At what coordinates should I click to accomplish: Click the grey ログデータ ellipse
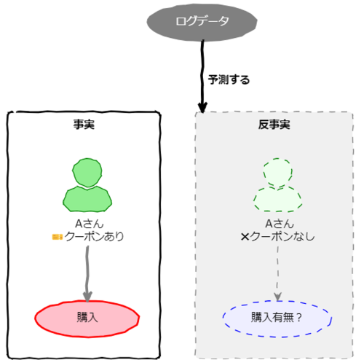click(202, 22)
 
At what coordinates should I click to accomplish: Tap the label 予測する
click(229, 79)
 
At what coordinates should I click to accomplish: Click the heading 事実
click(84, 125)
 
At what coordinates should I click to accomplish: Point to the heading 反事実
click(274, 125)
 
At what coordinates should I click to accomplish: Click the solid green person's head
click(87, 173)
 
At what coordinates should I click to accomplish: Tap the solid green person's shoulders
click(87, 199)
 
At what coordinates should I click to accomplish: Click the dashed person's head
click(278, 173)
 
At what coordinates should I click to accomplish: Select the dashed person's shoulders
click(277, 199)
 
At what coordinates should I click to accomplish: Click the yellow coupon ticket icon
click(58, 237)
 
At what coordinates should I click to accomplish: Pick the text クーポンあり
click(94, 237)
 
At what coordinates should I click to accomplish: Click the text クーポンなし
click(282, 237)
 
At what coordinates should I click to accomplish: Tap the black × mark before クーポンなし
click(245, 237)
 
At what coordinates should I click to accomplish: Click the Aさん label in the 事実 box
click(90, 224)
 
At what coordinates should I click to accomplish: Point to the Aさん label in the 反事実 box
click(280, 224)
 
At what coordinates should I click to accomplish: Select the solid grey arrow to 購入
click(87, 274)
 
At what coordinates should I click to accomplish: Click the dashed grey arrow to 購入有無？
click(278, 274)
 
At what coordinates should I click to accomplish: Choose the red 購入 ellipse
click(87, 318)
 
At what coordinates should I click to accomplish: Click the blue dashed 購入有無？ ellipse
click(277, 318)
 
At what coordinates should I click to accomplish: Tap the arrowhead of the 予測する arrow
click(202, 108)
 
